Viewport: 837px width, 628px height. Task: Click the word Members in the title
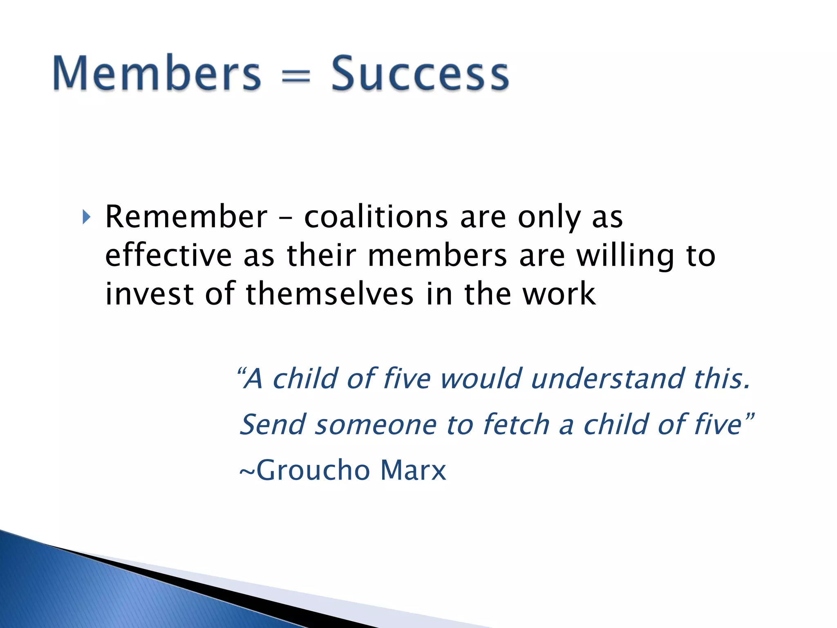click(157, 74)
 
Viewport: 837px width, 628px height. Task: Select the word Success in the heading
click(420, 74)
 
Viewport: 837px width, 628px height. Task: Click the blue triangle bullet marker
click(85, 217)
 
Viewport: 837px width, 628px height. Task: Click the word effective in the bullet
click(169, 255)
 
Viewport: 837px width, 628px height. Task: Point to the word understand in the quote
click(607, 378)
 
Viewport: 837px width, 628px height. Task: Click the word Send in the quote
click(273, 424)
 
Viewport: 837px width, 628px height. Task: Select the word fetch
click(516, 424)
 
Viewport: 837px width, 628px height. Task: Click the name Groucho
click(313, 470)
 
